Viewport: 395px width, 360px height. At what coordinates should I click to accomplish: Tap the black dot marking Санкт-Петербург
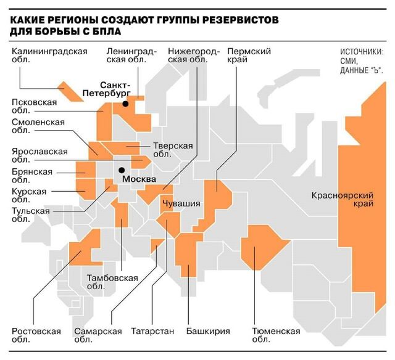(125, 104)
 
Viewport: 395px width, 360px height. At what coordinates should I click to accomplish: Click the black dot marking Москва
(122, 170)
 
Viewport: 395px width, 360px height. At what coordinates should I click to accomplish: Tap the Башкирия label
(207, 331)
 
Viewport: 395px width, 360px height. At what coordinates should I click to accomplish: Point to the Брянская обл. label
(32, 176)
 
